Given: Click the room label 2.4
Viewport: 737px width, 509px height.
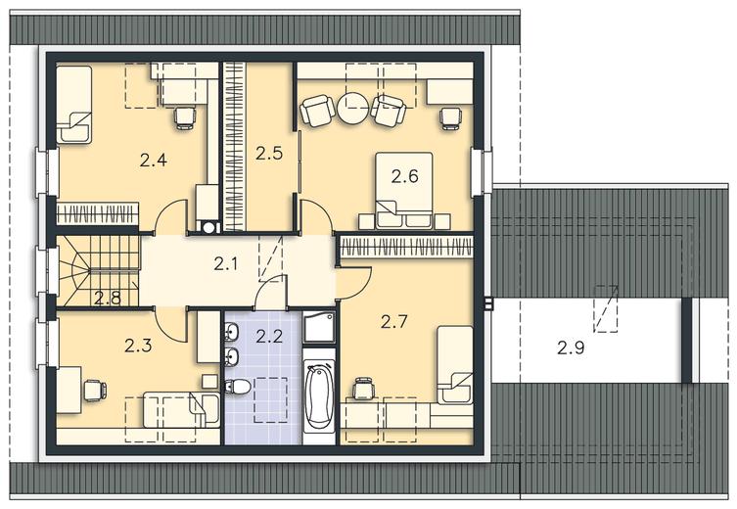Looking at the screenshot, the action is [154, 161].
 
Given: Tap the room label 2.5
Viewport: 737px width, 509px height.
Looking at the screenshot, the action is [269, 154].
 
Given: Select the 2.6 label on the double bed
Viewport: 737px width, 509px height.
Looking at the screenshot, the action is [404, 177].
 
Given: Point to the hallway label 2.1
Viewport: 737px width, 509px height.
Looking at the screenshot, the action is [226, 264].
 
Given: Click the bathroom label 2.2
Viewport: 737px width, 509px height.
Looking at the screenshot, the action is [269, 337].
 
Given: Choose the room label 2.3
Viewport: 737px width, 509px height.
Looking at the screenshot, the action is [138, 346].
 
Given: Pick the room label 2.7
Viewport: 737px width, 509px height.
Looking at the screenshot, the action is [393, 322].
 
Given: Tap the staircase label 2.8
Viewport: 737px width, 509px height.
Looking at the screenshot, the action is [108, 298].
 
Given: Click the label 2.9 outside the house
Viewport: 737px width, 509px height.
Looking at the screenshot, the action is [571, 348].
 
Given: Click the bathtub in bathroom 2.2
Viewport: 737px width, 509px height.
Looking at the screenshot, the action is [319, 395].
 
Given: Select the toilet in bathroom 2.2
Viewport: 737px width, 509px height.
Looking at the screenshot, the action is [238, 388].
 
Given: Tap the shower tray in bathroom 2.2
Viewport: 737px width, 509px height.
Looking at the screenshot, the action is [319, 327].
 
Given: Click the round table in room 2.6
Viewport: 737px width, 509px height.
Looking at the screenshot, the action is [352, 108].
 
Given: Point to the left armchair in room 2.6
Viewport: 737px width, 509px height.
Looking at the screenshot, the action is [315, 111].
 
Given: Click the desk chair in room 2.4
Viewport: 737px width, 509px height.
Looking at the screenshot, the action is [184, 117].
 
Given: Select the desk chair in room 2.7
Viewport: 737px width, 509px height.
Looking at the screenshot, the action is [363, 389].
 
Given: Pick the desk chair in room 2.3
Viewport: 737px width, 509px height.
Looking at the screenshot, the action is [95, 391].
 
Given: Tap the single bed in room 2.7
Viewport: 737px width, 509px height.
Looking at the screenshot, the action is [454, 365].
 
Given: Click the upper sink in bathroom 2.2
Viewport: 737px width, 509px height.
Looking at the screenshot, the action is [232, 332].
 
